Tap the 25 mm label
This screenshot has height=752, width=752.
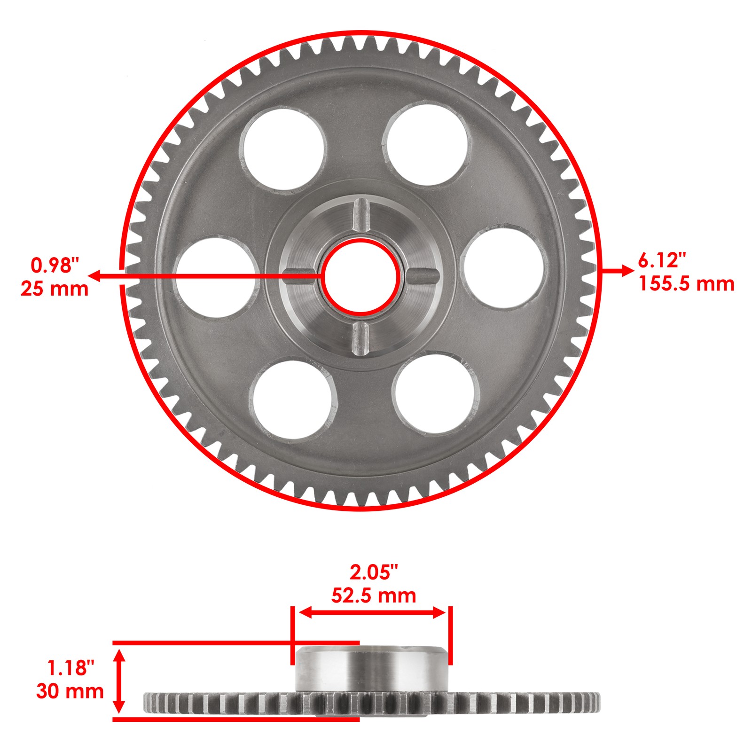click(55, 289)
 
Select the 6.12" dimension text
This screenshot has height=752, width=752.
click(662, 260)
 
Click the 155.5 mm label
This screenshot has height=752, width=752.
click(686, 284)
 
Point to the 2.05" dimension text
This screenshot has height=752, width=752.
click(374, 572)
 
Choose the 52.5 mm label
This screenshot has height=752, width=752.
click(374, 595)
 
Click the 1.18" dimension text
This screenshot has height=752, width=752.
click(71, 668)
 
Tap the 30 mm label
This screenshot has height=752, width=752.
click(70, 691)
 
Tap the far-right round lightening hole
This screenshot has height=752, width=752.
click(503, 268)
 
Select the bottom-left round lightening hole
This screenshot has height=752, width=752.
click(293, 399)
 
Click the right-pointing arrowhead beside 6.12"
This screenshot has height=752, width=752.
click(627, 270)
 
